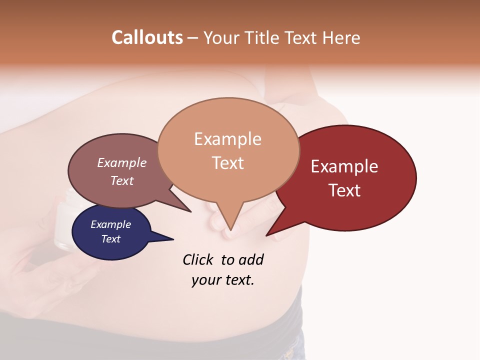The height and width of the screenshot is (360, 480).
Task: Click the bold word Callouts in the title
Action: pos(147,37)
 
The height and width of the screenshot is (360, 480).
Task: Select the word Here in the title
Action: pos(342,37)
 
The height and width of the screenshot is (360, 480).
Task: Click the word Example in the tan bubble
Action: pos(227,139)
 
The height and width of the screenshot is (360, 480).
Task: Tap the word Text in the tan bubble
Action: pos(227,163)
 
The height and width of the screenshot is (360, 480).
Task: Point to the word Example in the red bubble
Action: pos(344,166)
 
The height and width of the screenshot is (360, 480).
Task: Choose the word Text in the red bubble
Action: pos(344,190)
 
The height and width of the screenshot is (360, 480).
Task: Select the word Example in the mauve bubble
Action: pos(121,162)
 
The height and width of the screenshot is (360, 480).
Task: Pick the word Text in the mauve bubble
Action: pos(121,180)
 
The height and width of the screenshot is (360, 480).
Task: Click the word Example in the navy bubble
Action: pos(110,224)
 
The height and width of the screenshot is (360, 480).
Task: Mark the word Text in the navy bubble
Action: pos(110,239)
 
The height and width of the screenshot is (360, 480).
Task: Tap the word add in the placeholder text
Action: pos(250,259)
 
